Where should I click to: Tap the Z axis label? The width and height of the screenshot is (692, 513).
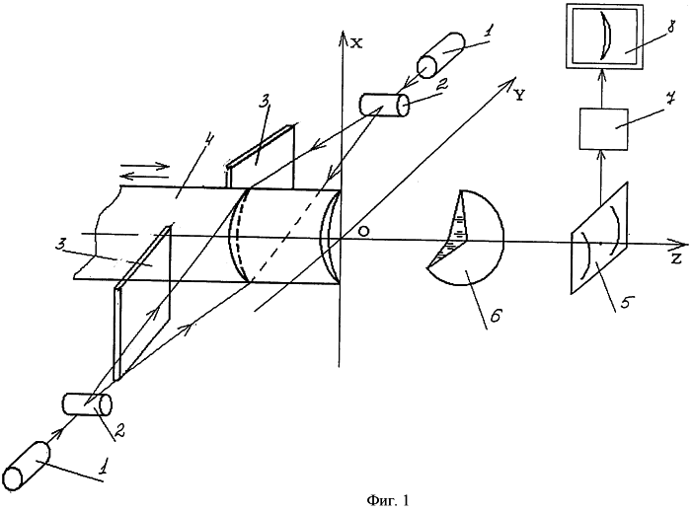[676, 259]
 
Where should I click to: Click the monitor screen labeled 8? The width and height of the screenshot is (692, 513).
[603, 37]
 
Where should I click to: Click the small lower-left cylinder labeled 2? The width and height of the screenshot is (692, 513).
[87, 403]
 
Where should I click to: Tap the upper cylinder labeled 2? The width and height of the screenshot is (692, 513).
[383, 103]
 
